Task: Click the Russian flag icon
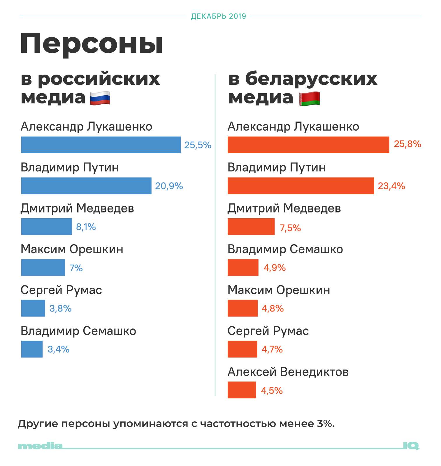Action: [100, 98]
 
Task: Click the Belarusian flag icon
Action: [309, 99]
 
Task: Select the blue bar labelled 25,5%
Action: [101, 145]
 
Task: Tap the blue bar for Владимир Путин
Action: [86, 186]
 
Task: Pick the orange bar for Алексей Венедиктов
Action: [242, 390]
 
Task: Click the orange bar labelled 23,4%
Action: [301, 186]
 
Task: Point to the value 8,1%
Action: [86, 227]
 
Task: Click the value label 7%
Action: [76, 268]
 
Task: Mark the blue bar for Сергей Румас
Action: [33, 308]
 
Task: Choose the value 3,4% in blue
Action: [59, 349]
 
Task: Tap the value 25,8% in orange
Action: [407, 144]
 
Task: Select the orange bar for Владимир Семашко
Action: [243, 267]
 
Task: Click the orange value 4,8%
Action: [273, 308]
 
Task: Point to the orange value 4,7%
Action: [272, 349]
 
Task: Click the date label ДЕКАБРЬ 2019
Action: [219, 16]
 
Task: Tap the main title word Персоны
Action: [91, 44]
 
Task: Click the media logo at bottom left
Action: [40, 446]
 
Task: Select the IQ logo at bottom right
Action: [411, 446]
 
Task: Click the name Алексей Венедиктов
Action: [288, 372]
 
